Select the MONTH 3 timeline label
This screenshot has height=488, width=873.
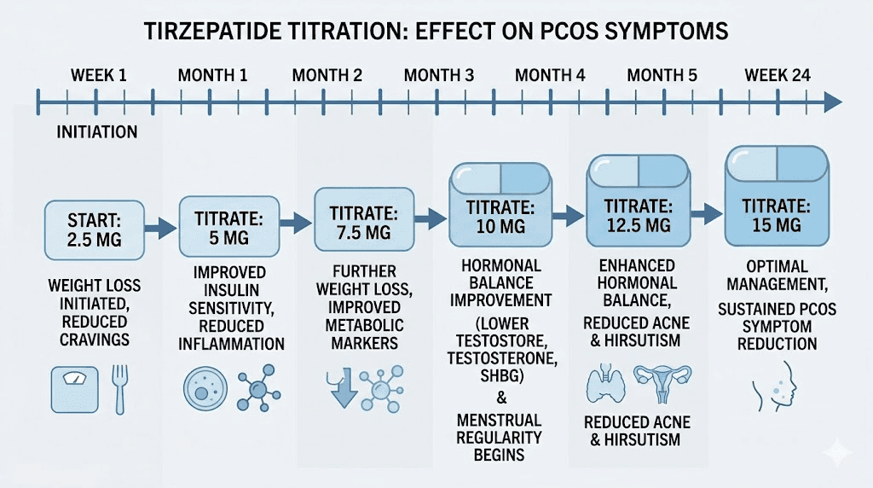[x=438, y=75]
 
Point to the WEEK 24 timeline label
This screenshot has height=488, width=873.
[x=777, y=75]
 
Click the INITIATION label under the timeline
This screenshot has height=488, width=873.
[x=96, y=132]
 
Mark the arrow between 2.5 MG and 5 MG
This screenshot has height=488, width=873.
[x=160, y=227]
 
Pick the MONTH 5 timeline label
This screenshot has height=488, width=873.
[x=662, y=75]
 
